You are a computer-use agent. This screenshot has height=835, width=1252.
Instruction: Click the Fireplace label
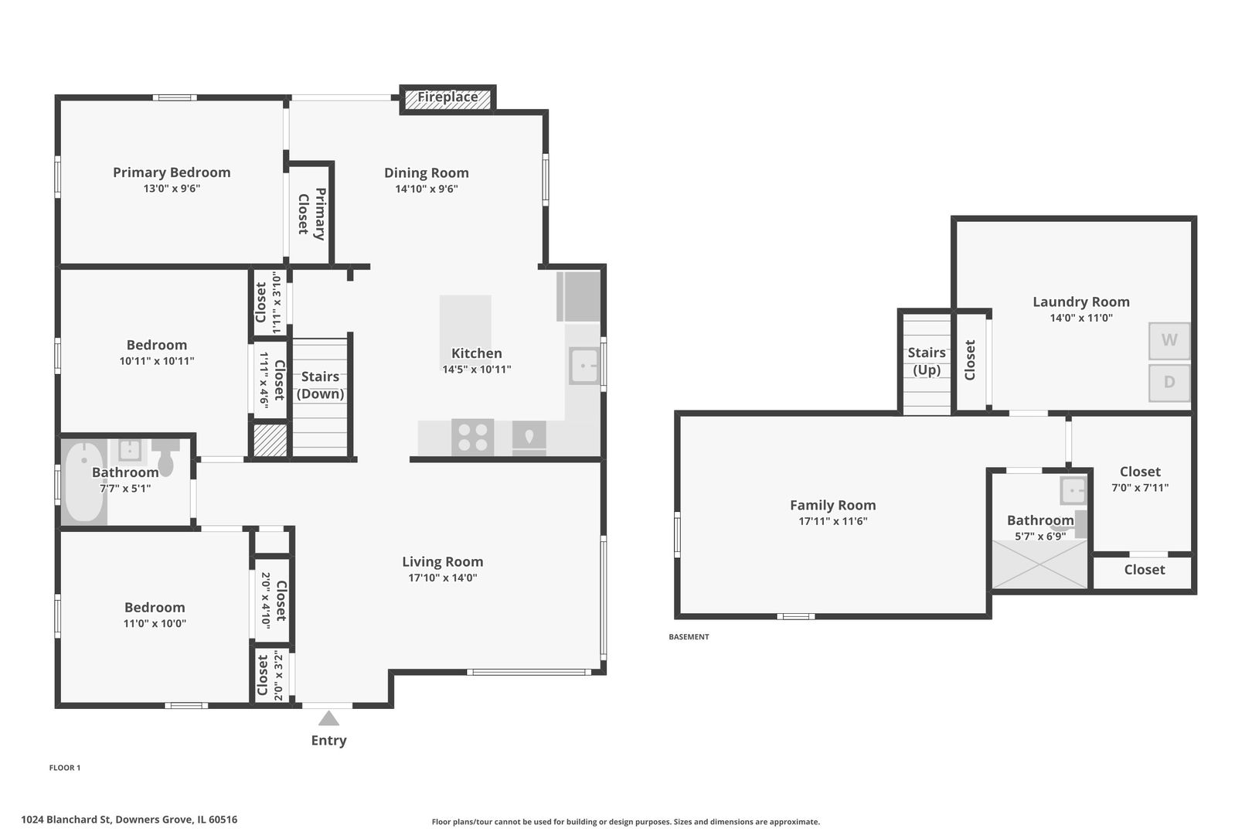coord(447,97)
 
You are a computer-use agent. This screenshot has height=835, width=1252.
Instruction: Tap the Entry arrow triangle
coord(328,718)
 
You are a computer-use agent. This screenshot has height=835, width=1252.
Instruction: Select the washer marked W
coord(1169,341)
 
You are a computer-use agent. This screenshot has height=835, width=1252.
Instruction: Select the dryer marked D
coord(1169,383)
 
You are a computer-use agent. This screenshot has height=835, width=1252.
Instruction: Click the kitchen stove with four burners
coord(472,437)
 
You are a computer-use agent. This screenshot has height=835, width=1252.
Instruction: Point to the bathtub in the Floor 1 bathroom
coord(83,482)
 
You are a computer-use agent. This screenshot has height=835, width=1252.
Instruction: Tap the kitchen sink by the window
coord(584,366)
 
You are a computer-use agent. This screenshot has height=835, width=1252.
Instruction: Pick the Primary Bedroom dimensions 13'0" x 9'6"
coord(172,189)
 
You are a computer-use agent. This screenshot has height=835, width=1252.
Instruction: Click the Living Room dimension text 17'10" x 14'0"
coord(443,578)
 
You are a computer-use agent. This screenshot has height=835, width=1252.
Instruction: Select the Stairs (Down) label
coord(320,385)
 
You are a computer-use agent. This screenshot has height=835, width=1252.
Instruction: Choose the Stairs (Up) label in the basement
coord(927,361)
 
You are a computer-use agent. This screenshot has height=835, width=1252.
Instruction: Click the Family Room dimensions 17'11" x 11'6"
coord(833,521)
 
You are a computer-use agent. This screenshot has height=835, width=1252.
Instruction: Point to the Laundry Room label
coord(1081,302)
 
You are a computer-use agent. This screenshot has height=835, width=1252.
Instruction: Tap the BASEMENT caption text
coord(689,636)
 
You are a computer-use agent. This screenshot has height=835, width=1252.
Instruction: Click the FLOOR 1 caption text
coord(65,767)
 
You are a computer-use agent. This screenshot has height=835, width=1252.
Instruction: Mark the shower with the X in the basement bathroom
coord(1039,564)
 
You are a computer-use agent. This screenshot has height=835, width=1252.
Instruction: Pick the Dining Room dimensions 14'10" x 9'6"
coord(427,189)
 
